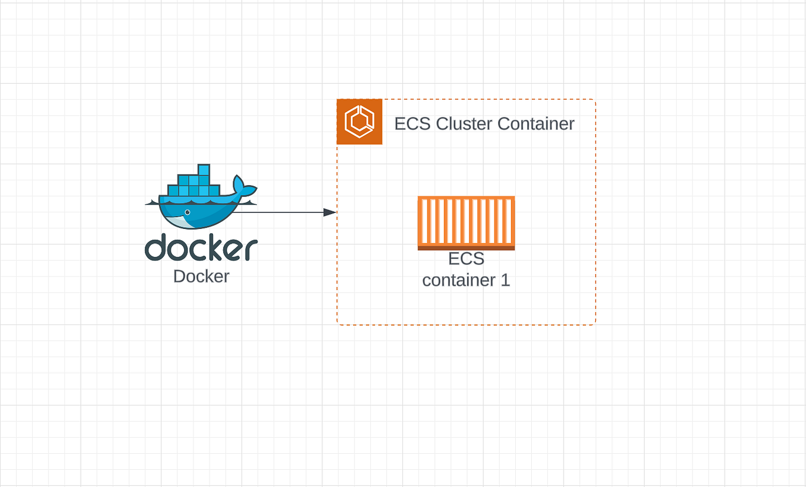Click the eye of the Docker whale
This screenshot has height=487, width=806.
coord(188,212)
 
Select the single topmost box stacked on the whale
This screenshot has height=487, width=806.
coord(204,170)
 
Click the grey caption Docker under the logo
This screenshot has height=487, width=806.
coord(201,276)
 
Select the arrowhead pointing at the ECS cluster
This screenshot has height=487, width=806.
coord(330,212)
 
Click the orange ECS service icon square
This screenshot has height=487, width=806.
coord(360,122)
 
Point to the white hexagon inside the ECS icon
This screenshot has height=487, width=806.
coord(360,122)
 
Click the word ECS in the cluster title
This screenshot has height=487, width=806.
coord(412,124)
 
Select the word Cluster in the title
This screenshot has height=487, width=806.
coord(464,124)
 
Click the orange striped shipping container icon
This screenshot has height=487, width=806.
coord(466,221)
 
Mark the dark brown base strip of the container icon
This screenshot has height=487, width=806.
coord(466,248)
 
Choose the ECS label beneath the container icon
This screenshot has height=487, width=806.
coord(466,259)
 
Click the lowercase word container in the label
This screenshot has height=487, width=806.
coord(458,280)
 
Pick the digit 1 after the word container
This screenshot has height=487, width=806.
coord(505,280)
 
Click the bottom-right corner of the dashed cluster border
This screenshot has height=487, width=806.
coord(594,324)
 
